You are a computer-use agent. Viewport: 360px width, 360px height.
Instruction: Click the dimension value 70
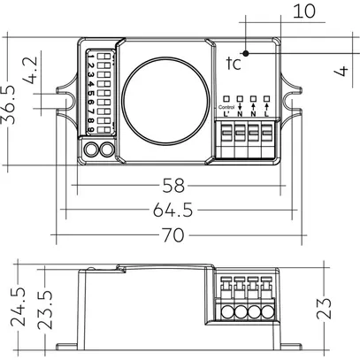tap(174, 235)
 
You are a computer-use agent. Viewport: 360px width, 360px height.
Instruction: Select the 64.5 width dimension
tap(174, 211)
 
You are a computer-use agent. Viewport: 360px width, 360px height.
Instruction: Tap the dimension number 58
tap(174, 187)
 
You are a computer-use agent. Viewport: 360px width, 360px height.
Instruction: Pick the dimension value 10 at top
tap(303, 11)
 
